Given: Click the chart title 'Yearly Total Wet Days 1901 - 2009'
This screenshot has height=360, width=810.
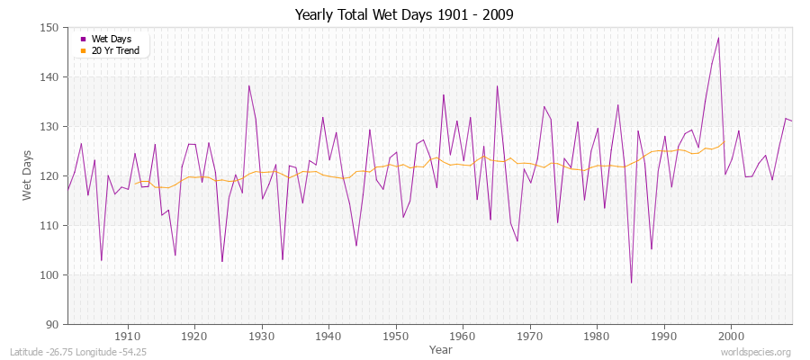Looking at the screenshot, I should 405,15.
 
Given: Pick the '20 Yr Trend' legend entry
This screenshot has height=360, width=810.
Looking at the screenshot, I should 115,50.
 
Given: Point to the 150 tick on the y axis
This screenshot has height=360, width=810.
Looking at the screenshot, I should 50,28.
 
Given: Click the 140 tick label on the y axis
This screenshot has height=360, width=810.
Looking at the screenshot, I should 50,77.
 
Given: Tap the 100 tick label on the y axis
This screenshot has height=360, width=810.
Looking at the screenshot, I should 50,274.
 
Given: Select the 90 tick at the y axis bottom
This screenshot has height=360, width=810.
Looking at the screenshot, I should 53,324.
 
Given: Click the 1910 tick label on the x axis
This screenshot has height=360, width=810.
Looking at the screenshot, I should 128,336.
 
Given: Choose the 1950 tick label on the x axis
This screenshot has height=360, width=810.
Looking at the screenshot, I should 395,336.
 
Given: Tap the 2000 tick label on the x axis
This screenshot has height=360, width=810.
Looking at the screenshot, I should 730,336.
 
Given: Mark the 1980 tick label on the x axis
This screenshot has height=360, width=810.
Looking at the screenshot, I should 596,336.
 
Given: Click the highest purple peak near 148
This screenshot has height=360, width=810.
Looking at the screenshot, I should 718,38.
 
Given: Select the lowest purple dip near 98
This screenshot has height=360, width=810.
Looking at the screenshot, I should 631,283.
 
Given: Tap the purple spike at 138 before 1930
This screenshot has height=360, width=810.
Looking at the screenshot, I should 248,86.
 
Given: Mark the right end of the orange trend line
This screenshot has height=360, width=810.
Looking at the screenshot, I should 724,142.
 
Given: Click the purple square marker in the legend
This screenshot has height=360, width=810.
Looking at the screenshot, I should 84,40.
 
